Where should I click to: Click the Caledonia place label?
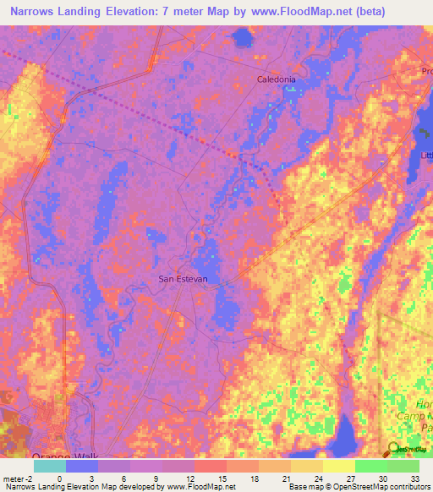click(277, 79)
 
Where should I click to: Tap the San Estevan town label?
click(183, 278)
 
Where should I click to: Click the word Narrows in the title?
click(36, 12)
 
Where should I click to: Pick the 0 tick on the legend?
click(59, 478)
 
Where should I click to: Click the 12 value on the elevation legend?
click(190, 478)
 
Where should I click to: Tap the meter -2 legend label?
click(18, 478)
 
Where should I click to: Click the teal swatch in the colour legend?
click(50, 466)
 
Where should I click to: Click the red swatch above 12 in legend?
click(211, 466)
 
